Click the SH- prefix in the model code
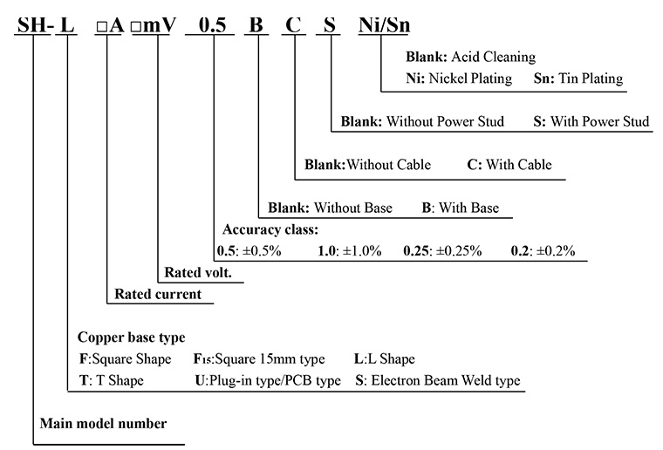coord(35,25)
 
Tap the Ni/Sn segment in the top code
coord(382,25)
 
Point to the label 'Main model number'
coord(103,424)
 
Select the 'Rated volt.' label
coord(198,273)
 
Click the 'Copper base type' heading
coord(131,337)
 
